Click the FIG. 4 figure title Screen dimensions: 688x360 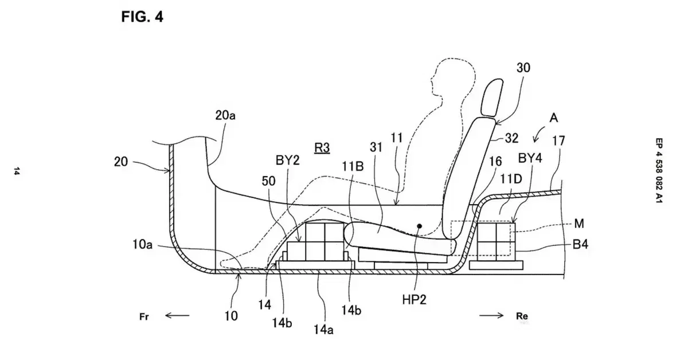pyautogui.click(x=142, y=17)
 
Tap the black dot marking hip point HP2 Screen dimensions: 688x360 pyautogui.click(x=419, y=226)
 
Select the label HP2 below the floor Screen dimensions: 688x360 pyautogui.click(x=415, y=300)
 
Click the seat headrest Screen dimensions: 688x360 pyautogui.click(x=492, y=97)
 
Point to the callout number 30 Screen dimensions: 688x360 pyautogui.click(x=523, y=68)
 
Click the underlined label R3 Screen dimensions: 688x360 pyautogui.click(x=322, y=148)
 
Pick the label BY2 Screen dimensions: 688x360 pyautogui.click(x=287, y=161)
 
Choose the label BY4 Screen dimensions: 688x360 pyautogui.click(x=530, y=158)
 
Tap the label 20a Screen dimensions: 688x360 pyautogui.click(x=225, y=115)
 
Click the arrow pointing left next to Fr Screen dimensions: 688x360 pyautogui.click(x=177, y=315)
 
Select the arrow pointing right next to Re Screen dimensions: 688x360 pyautogui.click(x=491, y=315)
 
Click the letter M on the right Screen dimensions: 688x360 pyautogui.click(x=579, y=224)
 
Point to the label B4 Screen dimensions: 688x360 pyautogui.click(x=580, y=245)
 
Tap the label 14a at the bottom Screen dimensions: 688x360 pyautogui.click(x=323, y=330)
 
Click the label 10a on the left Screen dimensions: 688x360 pyautogui.click(x=143, y=245)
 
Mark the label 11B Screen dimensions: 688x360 pyautogui.click(x=353, y=166)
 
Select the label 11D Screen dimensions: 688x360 pyautogui.click(x=511, y=179)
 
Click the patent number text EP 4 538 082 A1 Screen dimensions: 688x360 pyautogui.click(x=659, y=170)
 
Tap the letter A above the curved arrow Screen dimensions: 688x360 pyautogui.click(x=553, y=118)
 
